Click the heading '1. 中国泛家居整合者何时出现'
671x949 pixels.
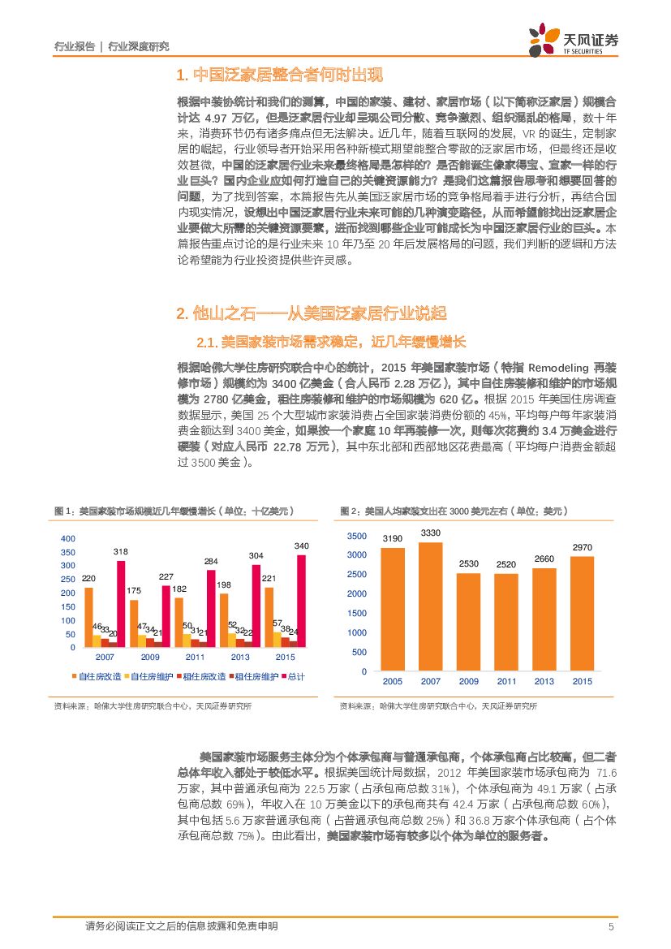pos(278,76)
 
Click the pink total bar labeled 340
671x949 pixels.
pos(302,601)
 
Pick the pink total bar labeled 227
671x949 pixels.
pos(166,616)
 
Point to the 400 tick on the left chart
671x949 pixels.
pos(68,538)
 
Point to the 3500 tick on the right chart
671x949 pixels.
pos(357,537)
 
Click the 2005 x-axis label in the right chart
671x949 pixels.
pos(393,682)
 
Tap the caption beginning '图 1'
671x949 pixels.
pos(174,511)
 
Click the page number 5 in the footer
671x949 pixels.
pos(610,927)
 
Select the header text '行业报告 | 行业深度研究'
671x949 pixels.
pos(110,46)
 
